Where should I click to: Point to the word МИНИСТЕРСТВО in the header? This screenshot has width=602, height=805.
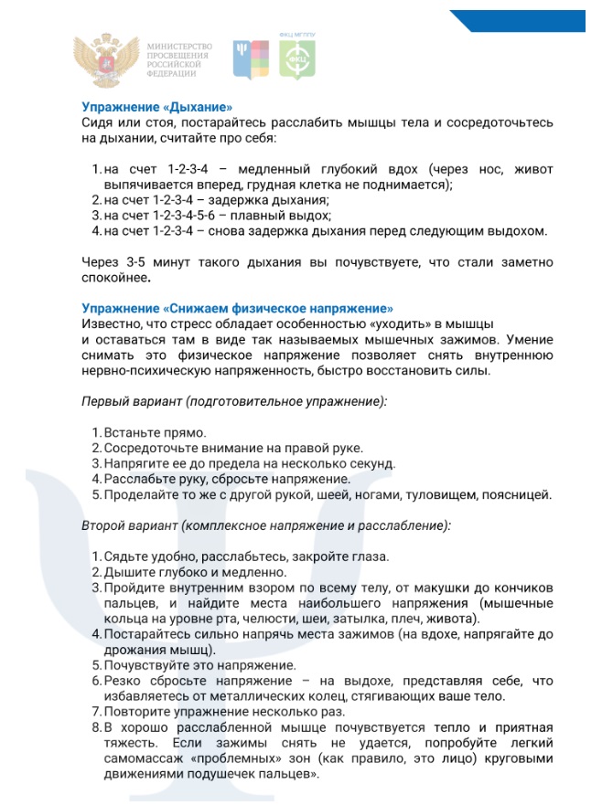pos(179,46)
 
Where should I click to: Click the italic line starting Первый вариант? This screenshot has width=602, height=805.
pos(234,401)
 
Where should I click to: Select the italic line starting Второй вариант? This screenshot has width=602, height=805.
pos(265,527)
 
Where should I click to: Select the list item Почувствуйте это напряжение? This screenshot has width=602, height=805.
pos(199,665)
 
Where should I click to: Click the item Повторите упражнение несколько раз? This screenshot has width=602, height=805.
pos(222,712)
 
